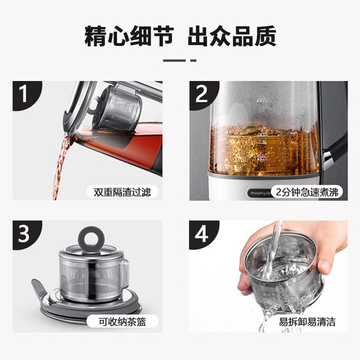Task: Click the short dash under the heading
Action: [179, 60]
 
